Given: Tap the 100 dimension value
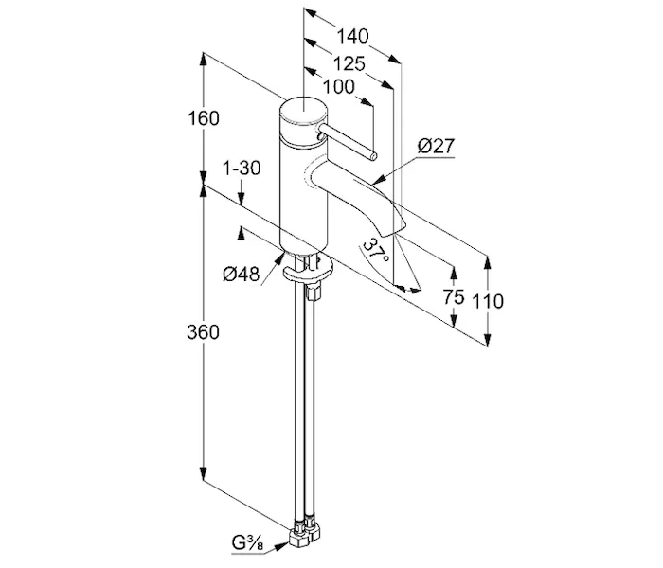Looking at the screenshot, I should (x=337, y=87).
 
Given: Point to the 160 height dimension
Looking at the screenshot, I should (x=204, y=118).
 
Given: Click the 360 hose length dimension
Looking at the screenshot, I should (x=203, y=332).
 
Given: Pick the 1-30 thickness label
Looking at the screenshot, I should (x=241, y=168).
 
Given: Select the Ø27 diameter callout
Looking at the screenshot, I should (x=437, y=146).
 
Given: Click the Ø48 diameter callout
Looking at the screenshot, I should (x=242, y=274).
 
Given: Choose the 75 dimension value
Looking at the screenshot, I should (x=454, y=297).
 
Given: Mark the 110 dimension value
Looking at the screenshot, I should (x=489, y=302).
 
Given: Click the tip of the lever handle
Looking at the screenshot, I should (x=374, y=155).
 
